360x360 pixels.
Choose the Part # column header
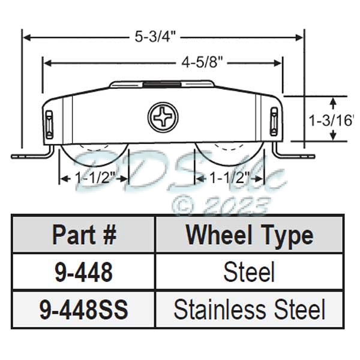(x=83, y=235)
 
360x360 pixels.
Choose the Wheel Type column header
(x=249, y=235)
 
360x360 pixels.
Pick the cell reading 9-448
(x=83, y=272)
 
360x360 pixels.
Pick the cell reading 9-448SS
(x=83, y=309)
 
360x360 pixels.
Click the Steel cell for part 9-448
(x=249, y=272)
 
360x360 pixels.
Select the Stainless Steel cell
(x=249, y=309)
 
